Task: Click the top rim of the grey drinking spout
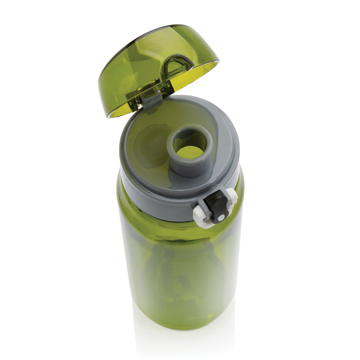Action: tap(190, 127)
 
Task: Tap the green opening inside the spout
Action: tap(190, 152)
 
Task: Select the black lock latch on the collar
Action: tap(217, 205)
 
